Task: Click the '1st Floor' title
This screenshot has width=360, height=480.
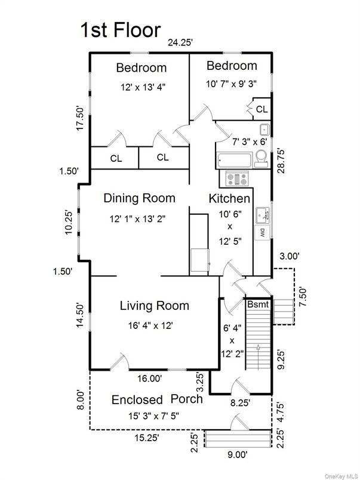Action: pos(121,30)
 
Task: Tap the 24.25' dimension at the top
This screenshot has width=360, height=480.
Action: pos(181,43)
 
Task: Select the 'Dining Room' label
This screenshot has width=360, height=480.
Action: pos(139,198)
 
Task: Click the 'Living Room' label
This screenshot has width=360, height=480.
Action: pos(154,306)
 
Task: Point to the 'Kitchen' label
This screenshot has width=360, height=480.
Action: pos(229,198)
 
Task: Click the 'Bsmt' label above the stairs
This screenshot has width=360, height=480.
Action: pos(259,304)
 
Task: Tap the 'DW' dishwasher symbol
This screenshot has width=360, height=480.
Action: pos(261,233)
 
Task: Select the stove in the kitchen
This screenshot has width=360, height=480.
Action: pos(237,178)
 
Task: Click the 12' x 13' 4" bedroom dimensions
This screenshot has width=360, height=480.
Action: pos(141,87)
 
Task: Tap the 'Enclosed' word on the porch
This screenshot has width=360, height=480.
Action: pos(137,399)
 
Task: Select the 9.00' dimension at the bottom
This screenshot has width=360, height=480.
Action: pos(237,455)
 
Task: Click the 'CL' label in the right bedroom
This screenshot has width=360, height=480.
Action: pos(261,110)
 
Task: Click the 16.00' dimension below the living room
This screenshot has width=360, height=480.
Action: pos(149,378)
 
